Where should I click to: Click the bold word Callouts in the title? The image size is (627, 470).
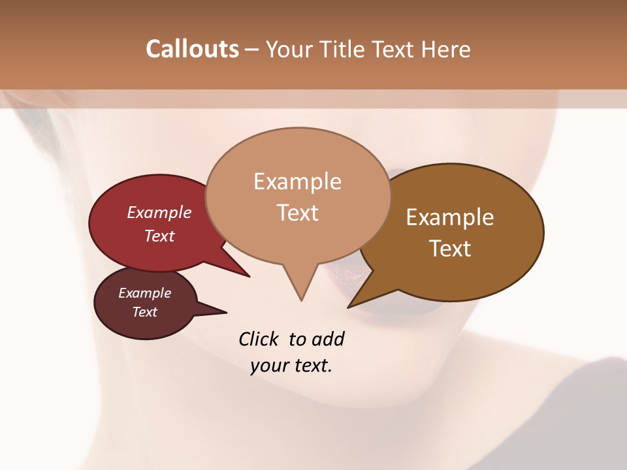192,49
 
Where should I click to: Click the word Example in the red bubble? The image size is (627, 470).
159,212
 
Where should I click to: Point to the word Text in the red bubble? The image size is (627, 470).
159,236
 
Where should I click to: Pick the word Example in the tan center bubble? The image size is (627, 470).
297,181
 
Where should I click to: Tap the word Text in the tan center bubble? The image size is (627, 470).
297,213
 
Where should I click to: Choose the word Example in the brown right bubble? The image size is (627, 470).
450,217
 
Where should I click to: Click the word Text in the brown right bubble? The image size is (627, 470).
450,248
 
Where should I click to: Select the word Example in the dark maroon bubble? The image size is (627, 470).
145,293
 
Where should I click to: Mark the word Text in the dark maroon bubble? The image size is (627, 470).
145,312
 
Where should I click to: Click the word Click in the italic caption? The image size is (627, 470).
260,339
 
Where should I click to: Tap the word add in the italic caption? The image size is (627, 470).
328,339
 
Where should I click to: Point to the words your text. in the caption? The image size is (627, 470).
291,366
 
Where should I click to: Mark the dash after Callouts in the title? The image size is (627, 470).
251,49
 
